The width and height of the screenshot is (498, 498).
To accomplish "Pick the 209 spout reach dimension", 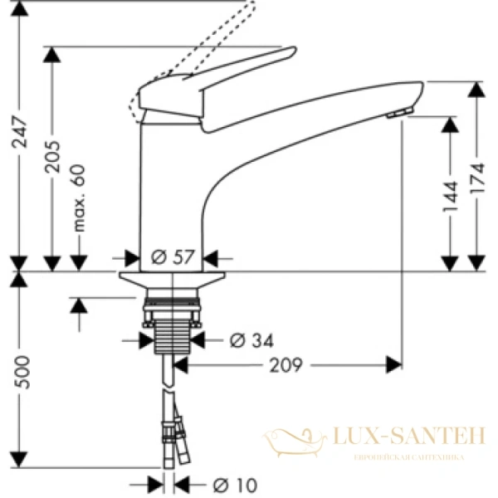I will [x=284, y=364].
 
